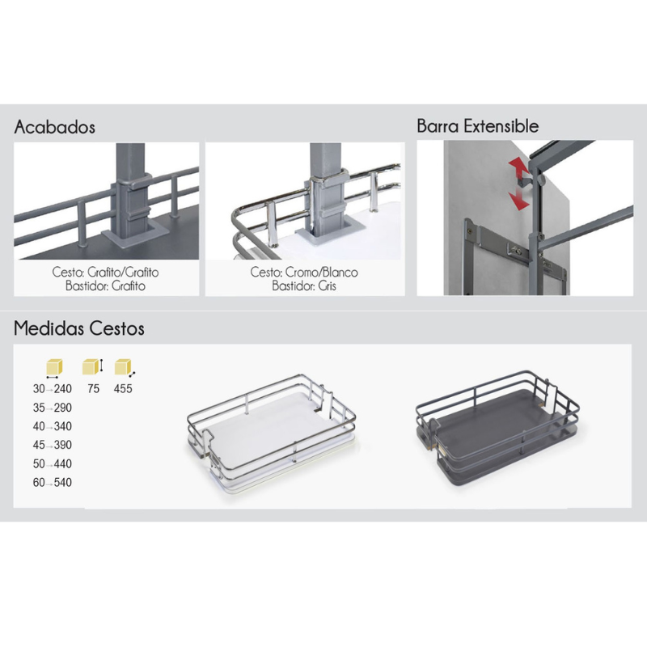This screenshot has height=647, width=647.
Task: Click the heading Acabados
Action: click(x=54, y=127)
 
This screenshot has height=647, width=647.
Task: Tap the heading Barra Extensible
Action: click(x=477, y=126)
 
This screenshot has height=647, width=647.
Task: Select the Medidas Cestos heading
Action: click(x=78, y=328)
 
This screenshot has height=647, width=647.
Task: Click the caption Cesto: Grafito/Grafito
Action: click(x=105, y=272)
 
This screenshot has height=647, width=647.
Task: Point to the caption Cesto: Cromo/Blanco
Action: click(x=304, y=272)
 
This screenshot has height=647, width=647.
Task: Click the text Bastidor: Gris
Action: click(x=304, y=285)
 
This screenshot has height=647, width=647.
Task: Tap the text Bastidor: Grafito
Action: click(x=105, y=285)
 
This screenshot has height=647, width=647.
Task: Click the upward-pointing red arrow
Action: click(x=518, y=168)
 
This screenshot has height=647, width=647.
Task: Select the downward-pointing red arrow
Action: click(x=519, y=198)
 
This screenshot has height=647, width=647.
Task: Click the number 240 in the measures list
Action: click(x=63, y=389)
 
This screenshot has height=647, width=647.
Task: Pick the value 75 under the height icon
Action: click(x=94, y=389)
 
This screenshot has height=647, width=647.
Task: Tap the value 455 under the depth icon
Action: click(x=123, y=389)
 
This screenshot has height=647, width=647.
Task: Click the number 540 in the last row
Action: click(x=63, y=482)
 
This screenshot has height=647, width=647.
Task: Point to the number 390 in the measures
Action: click(x=63, y=445)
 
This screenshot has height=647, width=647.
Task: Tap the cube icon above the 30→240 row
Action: click(x=54, y=368)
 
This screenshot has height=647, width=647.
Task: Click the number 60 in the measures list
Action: click(x=39, y=482)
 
